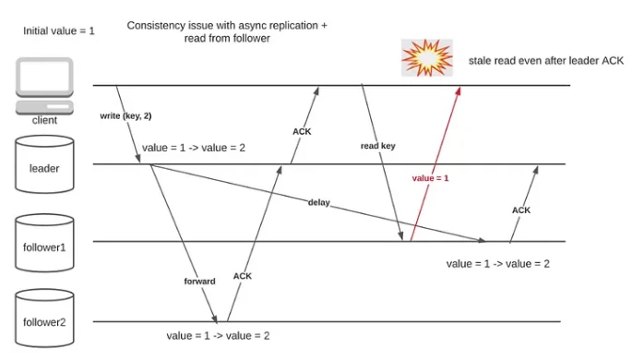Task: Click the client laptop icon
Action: pyautogui.click(x=45, y=86)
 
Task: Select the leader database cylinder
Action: pyautogui.click(x=44, y=164)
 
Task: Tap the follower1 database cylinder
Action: pyautogui.click(x=44, y=243)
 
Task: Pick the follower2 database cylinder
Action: pyautogui.click(x=44, y=318)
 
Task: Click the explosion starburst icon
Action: pyautogui.click(x=427, y=58)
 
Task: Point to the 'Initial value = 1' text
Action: pyautogui.click(x=59, y=30)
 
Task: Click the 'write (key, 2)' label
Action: pyautogui.click(x=125, y=116)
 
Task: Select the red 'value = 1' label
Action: pyautogui.click(x=431, y=178)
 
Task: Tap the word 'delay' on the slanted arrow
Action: pyautogui.click(x=318, y=202)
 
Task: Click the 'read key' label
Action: pyautogui.click(x=378, y=146)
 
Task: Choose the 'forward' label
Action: pyautogui.click(x=199, y=282)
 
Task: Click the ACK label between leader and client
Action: pyautogui.click(x=302, y=131)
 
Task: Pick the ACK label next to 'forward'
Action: pyautogui.click(x=243, y=276)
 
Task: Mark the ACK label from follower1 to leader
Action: pyautogui.click(x=521, y=210)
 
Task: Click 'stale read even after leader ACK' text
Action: pyautogui.click(x=546, y=61)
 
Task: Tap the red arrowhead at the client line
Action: pyautogui.click(x=459, y=90)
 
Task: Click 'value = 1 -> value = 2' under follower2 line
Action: pyautogui.click(x=218, y=336)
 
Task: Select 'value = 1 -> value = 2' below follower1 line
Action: pyautogui.click(x=498, y=264)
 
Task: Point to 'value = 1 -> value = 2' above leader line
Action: pyautogui.click(x=194, y=148)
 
